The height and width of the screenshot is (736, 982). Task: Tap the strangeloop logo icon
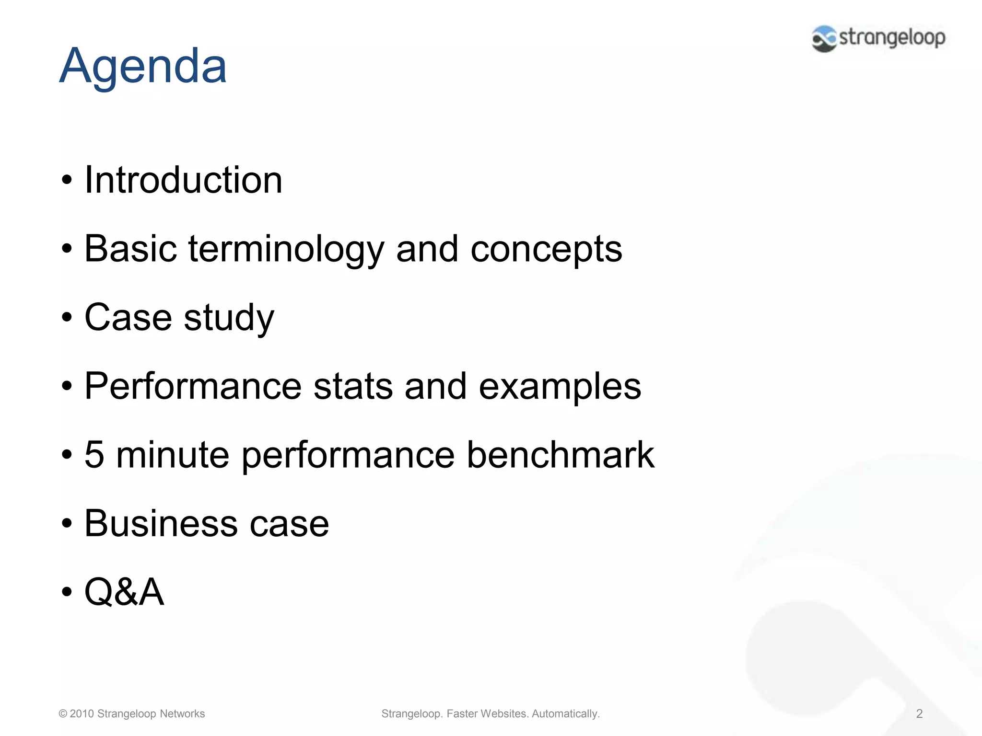824,38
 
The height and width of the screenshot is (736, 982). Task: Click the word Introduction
183,180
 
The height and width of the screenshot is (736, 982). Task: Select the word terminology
286,249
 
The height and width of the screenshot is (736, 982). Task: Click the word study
229,318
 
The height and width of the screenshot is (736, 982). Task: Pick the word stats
353,386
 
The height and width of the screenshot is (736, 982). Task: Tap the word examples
560,386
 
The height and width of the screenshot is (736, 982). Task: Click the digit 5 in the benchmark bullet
94,454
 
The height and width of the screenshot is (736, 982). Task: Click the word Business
161,523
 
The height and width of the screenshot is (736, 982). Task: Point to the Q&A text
124,592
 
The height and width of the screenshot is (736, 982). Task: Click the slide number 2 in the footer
919,713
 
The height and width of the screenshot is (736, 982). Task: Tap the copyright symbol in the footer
63,713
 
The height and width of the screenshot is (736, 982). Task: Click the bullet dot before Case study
67,318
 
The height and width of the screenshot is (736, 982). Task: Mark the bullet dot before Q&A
67,592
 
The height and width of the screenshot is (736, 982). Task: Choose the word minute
173,454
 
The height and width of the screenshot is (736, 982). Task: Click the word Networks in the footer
182,713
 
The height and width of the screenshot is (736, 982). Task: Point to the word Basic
130,249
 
